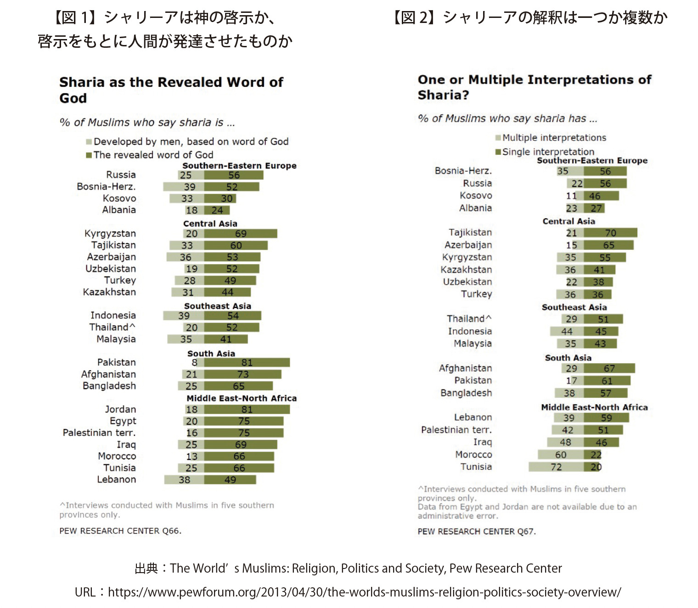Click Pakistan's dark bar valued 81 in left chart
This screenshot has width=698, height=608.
tap(247, 363)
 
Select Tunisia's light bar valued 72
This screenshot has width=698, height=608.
tap(556, 467)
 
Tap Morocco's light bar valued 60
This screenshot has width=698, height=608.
tap(561, 455)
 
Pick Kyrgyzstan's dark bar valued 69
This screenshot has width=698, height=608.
tap(240, 234)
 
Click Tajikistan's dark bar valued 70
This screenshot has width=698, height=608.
tap(610, 233)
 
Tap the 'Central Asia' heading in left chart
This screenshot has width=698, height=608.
tap(210, 224)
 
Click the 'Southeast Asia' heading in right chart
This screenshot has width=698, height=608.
tap(574, 307)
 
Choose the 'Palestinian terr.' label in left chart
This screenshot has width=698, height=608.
tap(99, 433)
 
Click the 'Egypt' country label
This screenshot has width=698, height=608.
tap(123, 421)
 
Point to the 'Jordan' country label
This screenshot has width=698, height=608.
tap(120, 409)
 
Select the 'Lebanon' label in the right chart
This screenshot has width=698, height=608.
tap(473, 417)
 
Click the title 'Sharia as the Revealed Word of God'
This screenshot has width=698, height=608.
tap(171, 90)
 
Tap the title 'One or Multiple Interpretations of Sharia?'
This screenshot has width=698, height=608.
tap(534, 87)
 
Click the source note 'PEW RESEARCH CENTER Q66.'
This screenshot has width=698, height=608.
tap(120, 531)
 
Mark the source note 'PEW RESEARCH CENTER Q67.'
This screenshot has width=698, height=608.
tap(477, 531)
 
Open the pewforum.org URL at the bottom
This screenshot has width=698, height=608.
tap(364, 592)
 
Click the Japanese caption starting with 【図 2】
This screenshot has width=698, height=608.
tap(529, 18)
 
